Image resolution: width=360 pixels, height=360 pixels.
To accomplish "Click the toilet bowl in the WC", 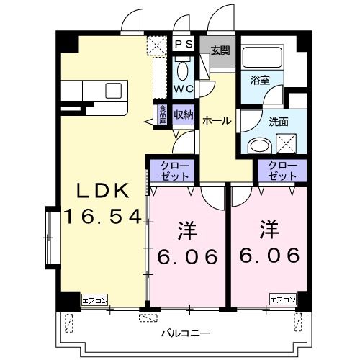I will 183,72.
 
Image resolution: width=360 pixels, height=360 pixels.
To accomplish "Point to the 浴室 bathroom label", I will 261,80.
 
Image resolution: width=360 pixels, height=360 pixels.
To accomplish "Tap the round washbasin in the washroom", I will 257,146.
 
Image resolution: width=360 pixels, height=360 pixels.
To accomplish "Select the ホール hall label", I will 217,121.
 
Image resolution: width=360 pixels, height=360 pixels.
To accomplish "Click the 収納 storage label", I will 183,114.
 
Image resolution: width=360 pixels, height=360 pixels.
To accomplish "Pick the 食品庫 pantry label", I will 163,115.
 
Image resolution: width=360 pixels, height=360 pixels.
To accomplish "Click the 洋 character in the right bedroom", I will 270,230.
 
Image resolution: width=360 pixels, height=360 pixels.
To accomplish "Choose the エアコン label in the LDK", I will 94,300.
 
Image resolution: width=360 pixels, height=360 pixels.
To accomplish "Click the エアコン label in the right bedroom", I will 283,300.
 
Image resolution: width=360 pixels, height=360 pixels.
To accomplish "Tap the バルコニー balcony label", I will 184,334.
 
